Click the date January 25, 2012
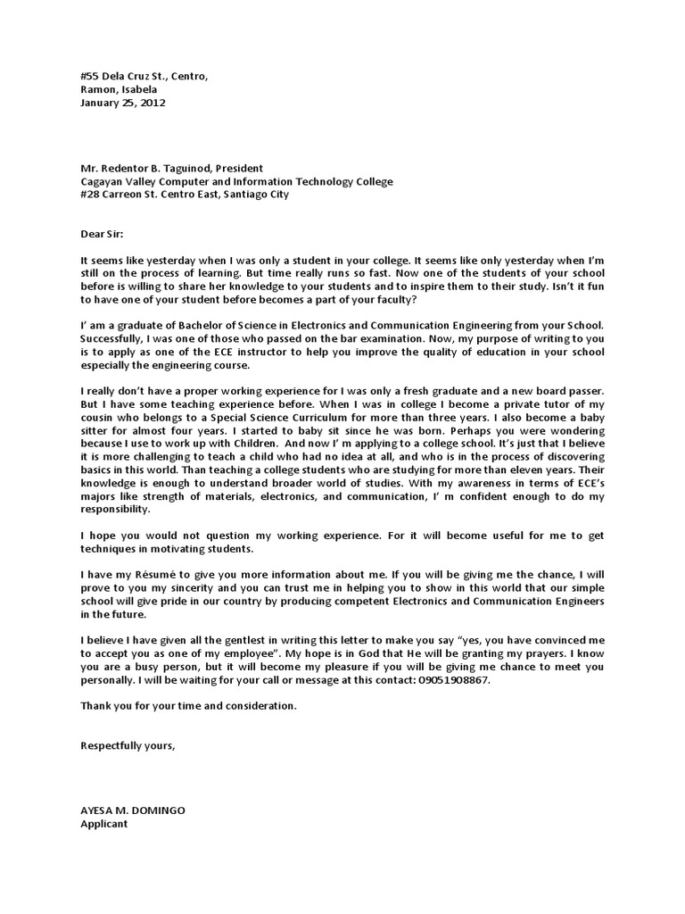click(122, 103)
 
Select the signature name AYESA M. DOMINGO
click(133, 810)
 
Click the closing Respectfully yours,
click(128, 745)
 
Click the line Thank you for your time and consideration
click(187, 706)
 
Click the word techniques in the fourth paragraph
click(112, 549)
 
